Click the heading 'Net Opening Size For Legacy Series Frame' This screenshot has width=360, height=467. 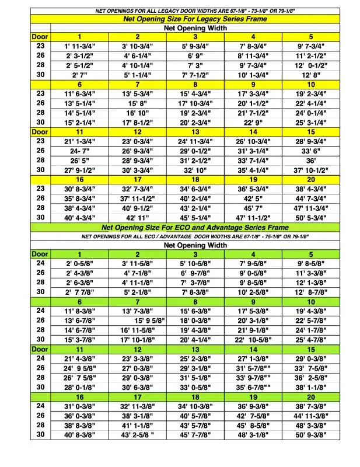click(x=195, y=19)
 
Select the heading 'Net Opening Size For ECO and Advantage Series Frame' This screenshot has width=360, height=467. click(x=195, y=227)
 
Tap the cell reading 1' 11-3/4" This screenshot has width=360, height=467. click(x=80, y=46)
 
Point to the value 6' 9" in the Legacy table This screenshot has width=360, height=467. click(x=195, y=55)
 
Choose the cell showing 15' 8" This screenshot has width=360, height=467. click(x=138, y=103)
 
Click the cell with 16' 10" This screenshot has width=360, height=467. click(x=138, y=113)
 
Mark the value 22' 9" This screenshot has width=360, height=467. click(x=253, y=123)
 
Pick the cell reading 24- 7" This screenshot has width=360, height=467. click(x=80, y=151)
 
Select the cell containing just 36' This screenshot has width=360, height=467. click(x=310, y=161)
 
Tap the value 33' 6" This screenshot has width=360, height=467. click(x=310, y=151)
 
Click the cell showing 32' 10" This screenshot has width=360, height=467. click(x=195, y=170)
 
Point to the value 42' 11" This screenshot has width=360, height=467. click(x=138, y=217)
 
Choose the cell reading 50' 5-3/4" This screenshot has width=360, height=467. click(x=310, y=217)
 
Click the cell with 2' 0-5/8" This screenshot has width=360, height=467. click(x=80, y=263)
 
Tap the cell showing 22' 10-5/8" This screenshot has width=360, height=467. click(x=253, y=339)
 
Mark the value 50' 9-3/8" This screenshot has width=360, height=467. click(x=310, y=434)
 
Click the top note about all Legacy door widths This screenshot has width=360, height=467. click(x=195, y=11)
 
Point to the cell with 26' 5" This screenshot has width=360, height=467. click(x=80, y=161)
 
